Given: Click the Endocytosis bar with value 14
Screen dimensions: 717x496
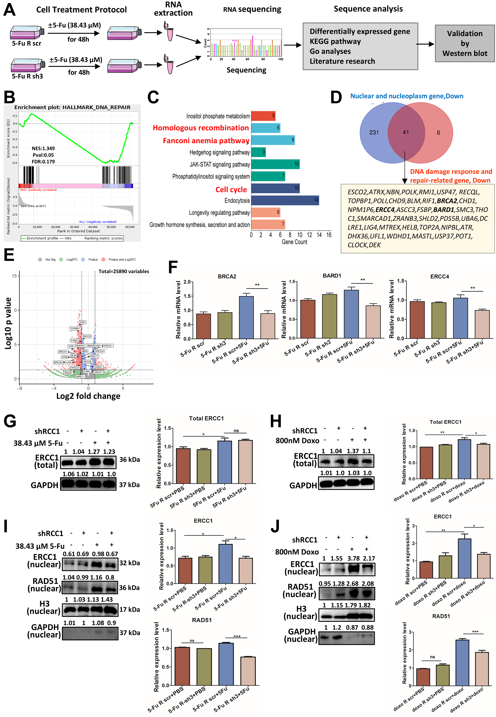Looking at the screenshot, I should point(285,200).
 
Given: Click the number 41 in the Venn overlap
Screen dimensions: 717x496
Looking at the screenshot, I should point(406,132).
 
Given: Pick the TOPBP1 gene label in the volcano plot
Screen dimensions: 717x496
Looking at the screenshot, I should point(75,329).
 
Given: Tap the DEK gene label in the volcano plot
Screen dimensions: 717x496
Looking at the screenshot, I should point(83,322).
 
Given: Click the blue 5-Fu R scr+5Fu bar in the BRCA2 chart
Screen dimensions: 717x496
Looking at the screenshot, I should point(246,317).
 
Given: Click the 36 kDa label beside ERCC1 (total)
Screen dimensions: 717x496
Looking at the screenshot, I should point(130,460).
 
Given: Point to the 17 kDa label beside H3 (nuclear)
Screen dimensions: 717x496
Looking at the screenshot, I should point(130,609).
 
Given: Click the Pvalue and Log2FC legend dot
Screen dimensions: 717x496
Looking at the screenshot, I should point(103,259).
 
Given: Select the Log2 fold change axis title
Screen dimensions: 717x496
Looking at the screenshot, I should point(88,396).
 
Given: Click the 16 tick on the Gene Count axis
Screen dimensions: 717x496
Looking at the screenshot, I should point(329,235).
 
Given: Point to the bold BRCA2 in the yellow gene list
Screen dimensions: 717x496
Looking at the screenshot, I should point(447,201).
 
